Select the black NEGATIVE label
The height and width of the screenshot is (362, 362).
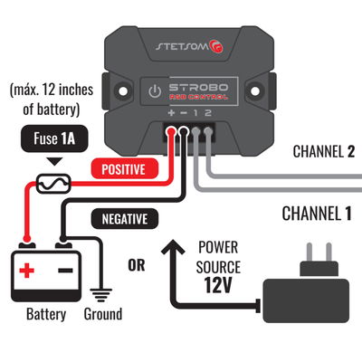(124, 218)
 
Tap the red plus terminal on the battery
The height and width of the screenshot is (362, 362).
(27, 269)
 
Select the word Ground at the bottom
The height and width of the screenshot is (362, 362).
(102, 314)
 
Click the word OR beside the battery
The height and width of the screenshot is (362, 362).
(137, 265)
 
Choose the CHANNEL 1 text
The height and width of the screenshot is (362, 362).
(316, 214)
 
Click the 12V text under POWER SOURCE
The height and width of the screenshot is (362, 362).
(218, 287)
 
